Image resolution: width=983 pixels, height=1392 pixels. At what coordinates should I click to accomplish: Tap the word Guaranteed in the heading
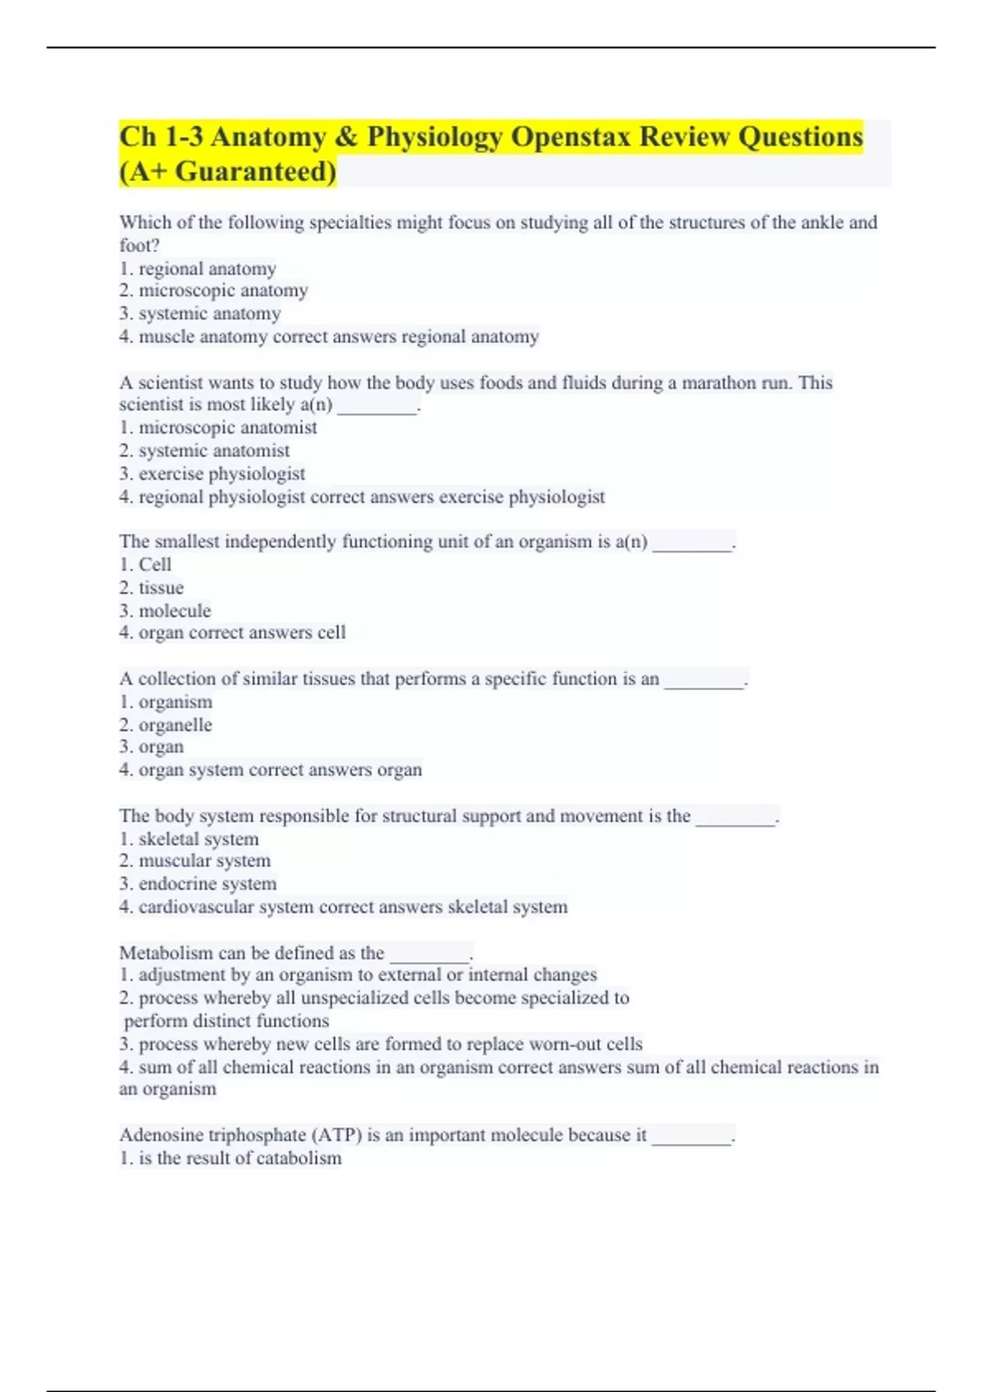(256, 172)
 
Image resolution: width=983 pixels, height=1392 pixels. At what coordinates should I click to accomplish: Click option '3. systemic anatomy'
(200, 314)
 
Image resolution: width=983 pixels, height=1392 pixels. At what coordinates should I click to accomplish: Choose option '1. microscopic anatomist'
(218, 427)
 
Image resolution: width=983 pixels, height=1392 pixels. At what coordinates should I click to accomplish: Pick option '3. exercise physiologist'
(212, 474)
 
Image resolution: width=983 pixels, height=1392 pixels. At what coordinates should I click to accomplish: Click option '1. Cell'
(145, 565)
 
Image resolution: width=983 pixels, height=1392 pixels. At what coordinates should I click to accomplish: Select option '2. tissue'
(152, 588)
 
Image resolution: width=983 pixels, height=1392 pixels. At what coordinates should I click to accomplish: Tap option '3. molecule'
(165, 611)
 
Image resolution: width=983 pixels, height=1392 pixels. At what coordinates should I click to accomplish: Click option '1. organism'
(165, 703)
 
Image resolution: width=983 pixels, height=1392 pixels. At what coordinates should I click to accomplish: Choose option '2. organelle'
(165, 725)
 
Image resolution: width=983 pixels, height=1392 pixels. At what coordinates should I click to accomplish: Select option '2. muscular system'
(195, 861)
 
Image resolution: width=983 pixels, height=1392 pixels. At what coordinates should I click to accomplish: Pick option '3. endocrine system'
(197, 884)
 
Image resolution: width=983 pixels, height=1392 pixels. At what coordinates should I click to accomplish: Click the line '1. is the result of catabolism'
(230, 1159)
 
